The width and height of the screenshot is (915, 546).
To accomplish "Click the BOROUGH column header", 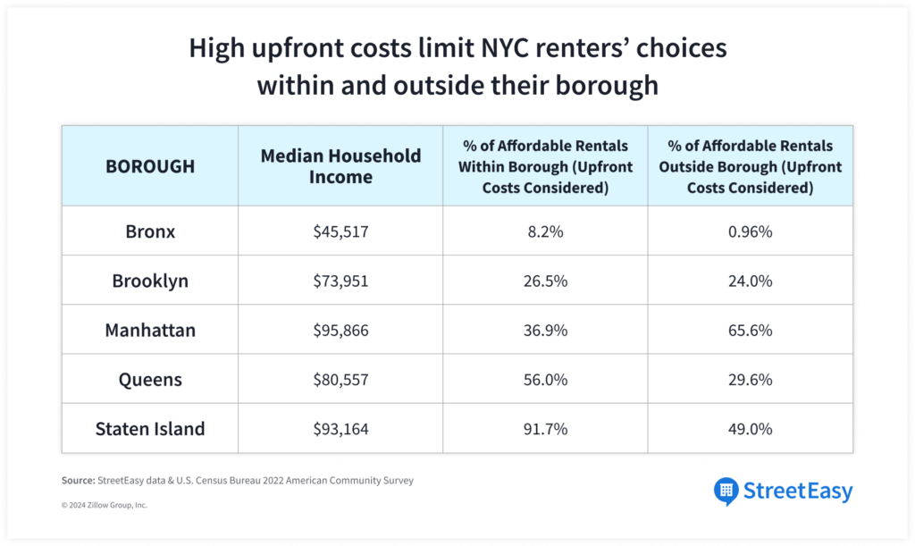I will pos(150,166).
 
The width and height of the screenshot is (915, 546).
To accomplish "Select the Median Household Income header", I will pos(340,166).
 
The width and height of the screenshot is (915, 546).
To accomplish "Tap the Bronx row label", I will pos(150,231).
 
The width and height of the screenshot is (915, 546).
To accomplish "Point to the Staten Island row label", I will pos(150,429).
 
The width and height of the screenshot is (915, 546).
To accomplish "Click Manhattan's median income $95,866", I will pos(340,331).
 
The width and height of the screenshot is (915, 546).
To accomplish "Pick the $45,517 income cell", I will pos(340,231).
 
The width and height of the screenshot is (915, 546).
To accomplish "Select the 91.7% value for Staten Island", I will pos(545,429).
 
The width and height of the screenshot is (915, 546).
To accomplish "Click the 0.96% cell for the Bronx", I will pos(750,231).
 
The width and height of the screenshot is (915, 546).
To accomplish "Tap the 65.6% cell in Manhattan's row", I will pos(750,331).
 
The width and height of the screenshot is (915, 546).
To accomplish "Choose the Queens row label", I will pos(150,380).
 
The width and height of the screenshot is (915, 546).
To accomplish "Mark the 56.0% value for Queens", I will pos(545,380).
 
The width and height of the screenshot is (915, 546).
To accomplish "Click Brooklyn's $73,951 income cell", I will pos(340,281).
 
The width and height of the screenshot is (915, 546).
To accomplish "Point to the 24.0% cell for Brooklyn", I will pos(750,281).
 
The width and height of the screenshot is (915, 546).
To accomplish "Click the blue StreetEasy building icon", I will pos(726,491).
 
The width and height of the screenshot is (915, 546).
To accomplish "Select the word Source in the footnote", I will pos(78,481).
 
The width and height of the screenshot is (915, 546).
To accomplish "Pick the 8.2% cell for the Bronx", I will pos(545,231).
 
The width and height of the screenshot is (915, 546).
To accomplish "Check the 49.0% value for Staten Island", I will pos(750,429).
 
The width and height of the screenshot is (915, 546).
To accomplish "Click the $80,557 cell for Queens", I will pos(340,380).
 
